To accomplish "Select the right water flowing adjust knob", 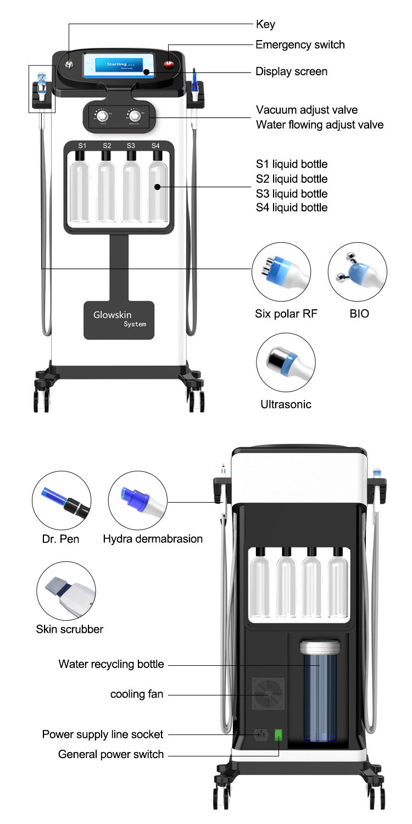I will tap(134, 116).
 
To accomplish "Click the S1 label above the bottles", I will tap(82, 146).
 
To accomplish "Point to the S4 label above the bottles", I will tap(155, 146).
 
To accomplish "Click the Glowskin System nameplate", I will tap(119, 320).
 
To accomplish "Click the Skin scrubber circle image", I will tap(66, 591).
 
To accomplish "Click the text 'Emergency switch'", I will tap(300, 44).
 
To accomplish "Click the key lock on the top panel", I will tap(69, 65).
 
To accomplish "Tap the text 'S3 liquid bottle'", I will tap(291, 193).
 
